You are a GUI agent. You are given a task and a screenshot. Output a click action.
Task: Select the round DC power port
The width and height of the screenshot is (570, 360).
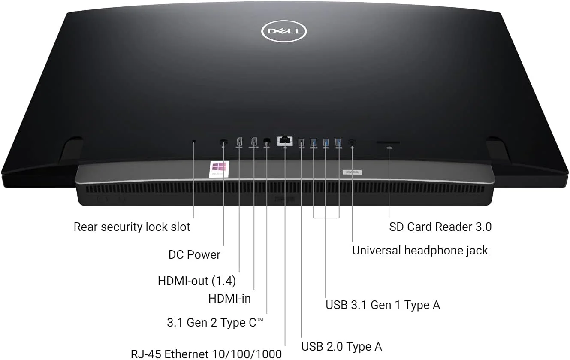[223, 142]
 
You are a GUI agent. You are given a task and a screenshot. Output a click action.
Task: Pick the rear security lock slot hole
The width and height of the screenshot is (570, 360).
[193, 141]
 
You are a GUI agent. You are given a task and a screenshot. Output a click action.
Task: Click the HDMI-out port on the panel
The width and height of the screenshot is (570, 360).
[239, 141]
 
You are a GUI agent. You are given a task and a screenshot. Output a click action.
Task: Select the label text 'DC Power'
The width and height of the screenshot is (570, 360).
[194, 254]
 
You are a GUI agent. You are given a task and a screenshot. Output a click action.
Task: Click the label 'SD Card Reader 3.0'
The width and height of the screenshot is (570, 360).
[440, 227]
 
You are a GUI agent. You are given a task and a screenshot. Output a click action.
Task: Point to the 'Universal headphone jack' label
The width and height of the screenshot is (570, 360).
[420, 250]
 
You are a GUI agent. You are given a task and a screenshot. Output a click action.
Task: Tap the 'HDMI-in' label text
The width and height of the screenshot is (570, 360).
[229, 298]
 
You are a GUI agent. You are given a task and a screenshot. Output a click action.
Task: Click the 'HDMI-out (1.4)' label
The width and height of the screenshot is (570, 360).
[197, 281]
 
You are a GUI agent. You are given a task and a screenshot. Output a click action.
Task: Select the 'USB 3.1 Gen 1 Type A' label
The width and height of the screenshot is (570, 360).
[383, 305]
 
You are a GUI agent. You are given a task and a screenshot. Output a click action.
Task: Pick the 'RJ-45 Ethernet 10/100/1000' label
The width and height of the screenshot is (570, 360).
[206, 354]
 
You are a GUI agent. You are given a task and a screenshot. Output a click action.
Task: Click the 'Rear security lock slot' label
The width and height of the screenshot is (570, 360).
[132, 227]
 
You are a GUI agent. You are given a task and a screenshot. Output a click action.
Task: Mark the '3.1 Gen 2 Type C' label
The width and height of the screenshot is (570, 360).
[215, 322]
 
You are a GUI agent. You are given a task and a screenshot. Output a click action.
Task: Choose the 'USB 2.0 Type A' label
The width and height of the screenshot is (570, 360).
[341, 346]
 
